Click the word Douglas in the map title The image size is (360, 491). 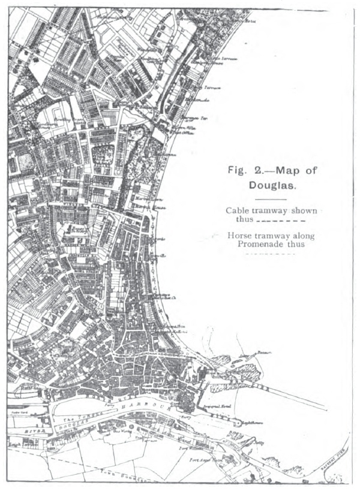pyautogui.click(x=272, y=185)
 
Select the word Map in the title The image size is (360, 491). pyautogui.click(x=283, y=170)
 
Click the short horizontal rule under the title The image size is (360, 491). pyautogui.click(x=271, y=198)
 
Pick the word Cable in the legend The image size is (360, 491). pyautogui.click(x=238, y=210)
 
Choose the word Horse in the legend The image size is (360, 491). pyautogui.click(x=240, y=236)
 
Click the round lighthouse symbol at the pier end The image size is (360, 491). pyautogui.click(x=238, y=423)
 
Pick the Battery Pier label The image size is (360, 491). pyautogui.click(x=335, y=460)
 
